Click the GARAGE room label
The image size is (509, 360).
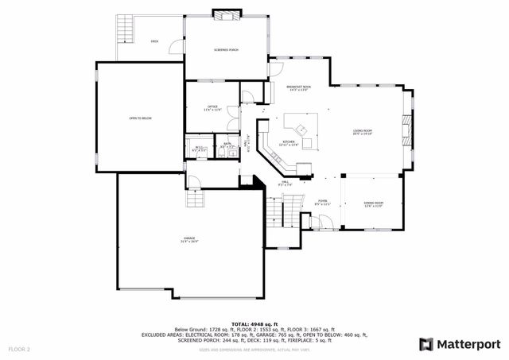189,238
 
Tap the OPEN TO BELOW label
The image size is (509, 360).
140,118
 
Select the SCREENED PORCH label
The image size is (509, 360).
226,49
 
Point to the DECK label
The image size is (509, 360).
154,41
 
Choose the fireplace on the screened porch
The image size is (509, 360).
227,14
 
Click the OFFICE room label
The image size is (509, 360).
212,107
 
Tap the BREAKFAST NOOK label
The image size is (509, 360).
299,87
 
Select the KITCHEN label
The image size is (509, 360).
289,144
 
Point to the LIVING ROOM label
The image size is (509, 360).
363,132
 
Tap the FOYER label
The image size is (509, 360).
323,202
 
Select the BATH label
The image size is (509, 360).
227,145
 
